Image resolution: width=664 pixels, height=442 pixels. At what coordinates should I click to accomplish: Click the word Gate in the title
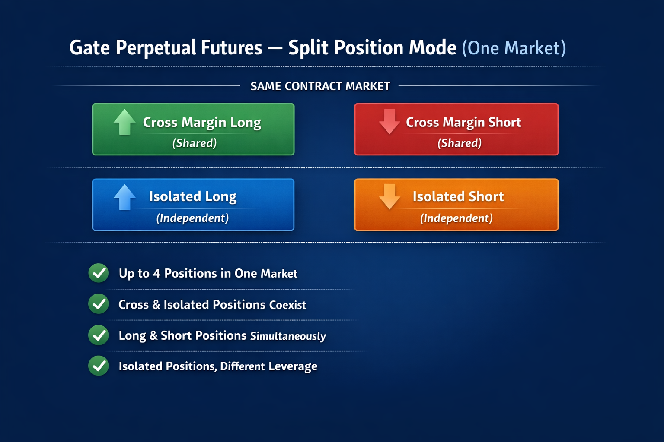pos(89,48)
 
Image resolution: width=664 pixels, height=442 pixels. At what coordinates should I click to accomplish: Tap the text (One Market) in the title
pos(514,48)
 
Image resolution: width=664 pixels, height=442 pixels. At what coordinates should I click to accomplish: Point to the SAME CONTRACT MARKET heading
pos(320,86)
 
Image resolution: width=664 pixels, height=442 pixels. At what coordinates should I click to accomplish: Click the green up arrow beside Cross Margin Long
pos(124,122)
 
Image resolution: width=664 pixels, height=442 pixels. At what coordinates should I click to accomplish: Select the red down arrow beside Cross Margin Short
pos(389,122)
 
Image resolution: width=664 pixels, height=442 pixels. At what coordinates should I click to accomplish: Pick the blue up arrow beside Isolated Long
pos(124,197)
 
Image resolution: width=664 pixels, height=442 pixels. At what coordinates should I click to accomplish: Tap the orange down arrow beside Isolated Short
pos(389,197)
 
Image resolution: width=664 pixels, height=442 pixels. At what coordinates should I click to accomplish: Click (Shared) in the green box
pos(195,143)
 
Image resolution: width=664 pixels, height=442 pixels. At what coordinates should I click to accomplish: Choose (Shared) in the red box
pos(460,143)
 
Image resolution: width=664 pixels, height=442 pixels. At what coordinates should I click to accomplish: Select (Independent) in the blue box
pos(192,218)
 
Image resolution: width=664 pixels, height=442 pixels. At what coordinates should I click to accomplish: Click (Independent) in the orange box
pos(456,218)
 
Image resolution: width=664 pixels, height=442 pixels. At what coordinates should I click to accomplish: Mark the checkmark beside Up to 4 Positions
pos(99,273)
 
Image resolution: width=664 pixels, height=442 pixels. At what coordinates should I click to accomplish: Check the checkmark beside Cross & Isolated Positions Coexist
pos(99,304)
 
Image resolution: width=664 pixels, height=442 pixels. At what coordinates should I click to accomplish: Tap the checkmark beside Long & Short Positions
pos(99,335)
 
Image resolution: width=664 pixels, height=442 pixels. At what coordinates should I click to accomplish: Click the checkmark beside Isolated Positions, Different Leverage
pos(99,366)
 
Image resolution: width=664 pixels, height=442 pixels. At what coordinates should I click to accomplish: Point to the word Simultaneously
pos(288,336)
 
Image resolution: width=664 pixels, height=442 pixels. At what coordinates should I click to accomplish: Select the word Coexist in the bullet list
pos(287,305)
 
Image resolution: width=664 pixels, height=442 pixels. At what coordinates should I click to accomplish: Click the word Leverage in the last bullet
pos(293,366)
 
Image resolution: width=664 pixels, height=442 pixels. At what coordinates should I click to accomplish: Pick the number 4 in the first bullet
pos(156,273)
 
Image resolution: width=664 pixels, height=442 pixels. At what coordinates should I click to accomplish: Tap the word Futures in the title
pos(232,48)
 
